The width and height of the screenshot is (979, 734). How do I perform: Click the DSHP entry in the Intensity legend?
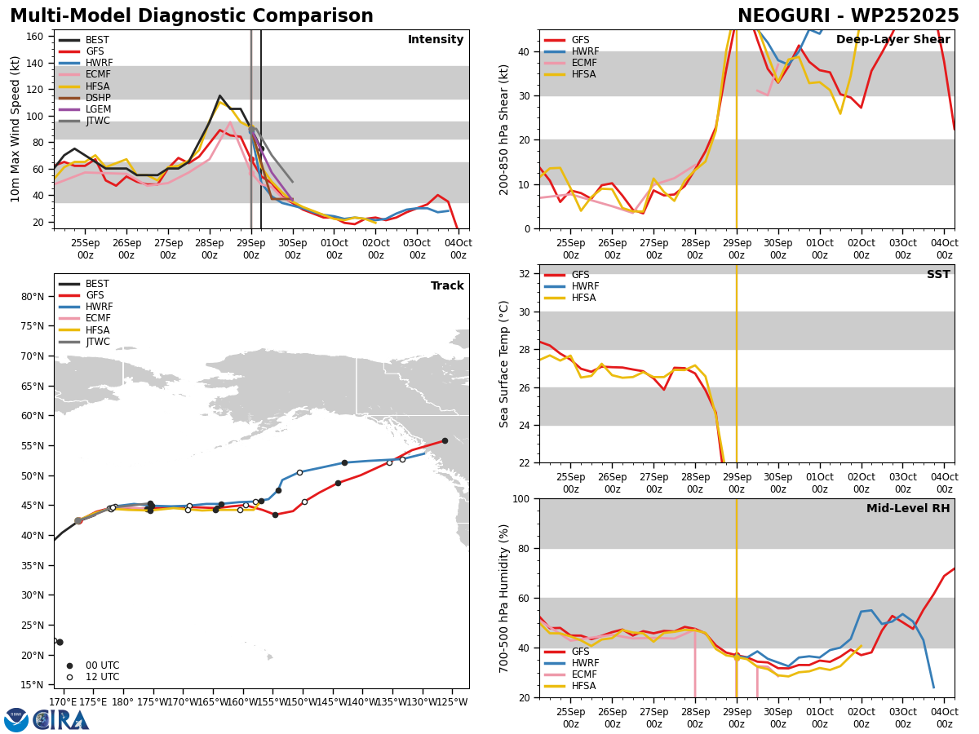(85, 98)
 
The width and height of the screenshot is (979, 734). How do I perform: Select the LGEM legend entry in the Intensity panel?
(85, 109)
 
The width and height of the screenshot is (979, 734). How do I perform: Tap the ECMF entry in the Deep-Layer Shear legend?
(570, 63)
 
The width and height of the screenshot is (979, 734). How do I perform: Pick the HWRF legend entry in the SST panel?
(571, 286)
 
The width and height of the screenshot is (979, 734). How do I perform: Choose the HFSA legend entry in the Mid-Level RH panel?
(570, 686)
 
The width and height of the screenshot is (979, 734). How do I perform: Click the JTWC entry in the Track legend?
(84, 342)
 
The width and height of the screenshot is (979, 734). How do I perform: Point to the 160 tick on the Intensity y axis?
(34, 37)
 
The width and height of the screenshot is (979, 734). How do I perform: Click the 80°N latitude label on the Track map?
(33, 297)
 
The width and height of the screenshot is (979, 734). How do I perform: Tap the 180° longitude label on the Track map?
(122, 702)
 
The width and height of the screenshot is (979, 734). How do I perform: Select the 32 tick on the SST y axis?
(524, 274)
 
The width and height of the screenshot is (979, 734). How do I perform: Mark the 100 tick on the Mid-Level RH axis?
(521, 499)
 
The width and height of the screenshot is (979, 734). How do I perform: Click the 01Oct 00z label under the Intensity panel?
(334, 249)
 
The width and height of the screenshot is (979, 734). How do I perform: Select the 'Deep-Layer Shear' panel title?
(893, 40)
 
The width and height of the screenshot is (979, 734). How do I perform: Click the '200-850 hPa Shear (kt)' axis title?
(504, 130)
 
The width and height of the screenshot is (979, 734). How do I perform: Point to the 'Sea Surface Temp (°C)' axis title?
(504, 365)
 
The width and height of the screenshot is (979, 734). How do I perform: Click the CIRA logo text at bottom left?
(60, 720)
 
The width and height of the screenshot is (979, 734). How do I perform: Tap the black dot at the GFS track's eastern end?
(445, 440)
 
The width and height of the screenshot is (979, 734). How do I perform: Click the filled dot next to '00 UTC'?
(69, 665)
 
